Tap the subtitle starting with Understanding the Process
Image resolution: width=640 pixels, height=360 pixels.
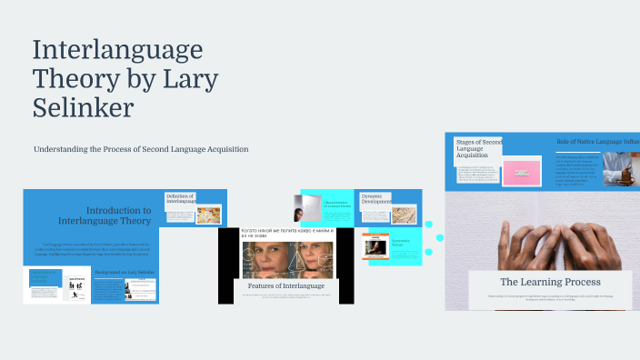[141, 149]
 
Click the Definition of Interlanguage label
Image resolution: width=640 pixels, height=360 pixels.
[180, 200]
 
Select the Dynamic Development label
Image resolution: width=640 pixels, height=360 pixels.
[377, 200]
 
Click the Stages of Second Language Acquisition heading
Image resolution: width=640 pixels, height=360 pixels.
[478, 148]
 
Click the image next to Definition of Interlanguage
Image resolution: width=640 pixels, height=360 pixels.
[208, 215]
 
